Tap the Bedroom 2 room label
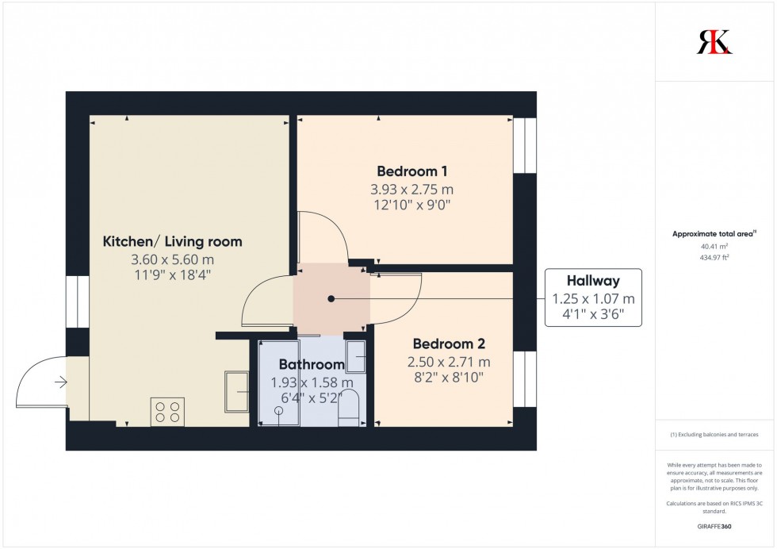(449, 344)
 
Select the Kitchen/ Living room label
(173, 241)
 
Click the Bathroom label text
(312, 365)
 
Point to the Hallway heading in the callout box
(593, 281)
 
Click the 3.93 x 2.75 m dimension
(412, 190)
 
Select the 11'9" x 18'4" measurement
(173, 275)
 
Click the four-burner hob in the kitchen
(167, 412)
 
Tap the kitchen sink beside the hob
(236, 391)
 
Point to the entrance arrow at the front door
(60, 383)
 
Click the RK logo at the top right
(714, 42)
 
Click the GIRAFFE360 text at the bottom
(714, 527)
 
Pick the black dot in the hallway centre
(331, 299)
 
